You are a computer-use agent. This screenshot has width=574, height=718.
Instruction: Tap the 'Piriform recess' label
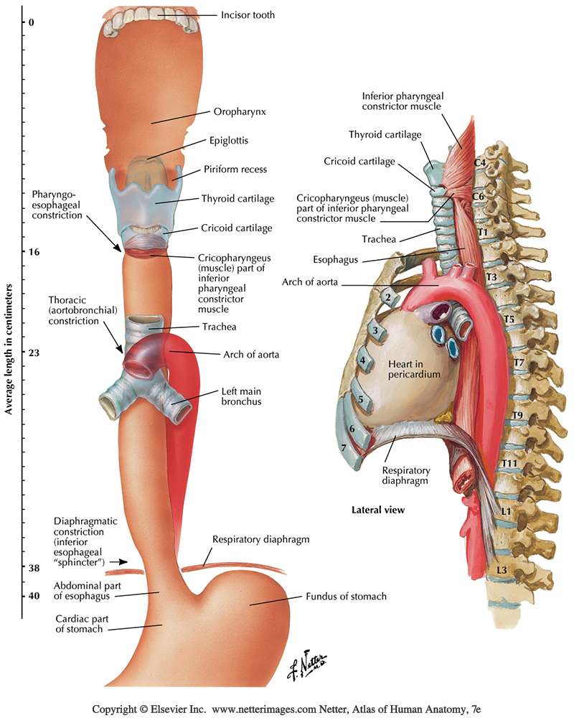234,170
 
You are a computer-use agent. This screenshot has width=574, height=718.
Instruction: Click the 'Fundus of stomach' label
346,597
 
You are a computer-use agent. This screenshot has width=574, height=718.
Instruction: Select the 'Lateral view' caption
378,510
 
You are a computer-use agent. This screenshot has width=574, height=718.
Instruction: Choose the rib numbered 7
345,447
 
